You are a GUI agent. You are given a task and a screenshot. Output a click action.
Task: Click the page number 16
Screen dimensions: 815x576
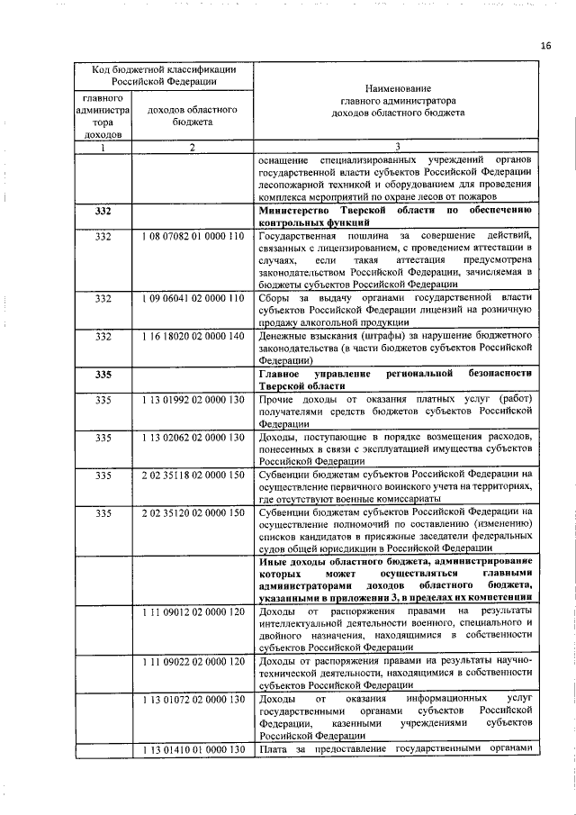click(x=546, y=45)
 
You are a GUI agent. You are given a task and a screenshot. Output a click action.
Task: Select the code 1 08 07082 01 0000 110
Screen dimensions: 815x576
click(x=193, y=236)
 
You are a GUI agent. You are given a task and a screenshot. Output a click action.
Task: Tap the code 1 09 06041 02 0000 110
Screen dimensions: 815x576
click(x=193, y=298)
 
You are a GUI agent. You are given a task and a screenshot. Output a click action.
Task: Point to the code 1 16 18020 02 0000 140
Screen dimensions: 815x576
click(x=193, y=336)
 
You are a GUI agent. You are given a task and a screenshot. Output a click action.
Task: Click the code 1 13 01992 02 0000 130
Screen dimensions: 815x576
click(x=193, y=399)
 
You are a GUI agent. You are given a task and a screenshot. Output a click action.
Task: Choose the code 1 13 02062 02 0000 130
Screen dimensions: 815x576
click(x=193, y=437)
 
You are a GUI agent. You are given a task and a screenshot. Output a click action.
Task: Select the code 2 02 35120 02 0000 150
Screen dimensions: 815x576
click(x=193, y=512)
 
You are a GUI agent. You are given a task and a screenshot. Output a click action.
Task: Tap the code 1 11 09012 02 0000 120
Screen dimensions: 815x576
click(x=193, y=612)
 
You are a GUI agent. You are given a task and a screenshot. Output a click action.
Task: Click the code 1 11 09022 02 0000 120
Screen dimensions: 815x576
click(x=193, y=662)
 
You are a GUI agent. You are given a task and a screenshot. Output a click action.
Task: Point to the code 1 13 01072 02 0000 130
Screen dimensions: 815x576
click(x=193, y=700)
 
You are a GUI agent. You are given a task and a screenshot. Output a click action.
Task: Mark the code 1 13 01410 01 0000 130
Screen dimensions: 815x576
click(x=193, y=750)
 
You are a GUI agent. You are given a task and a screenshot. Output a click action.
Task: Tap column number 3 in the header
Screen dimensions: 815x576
click(x=397, y=148)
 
